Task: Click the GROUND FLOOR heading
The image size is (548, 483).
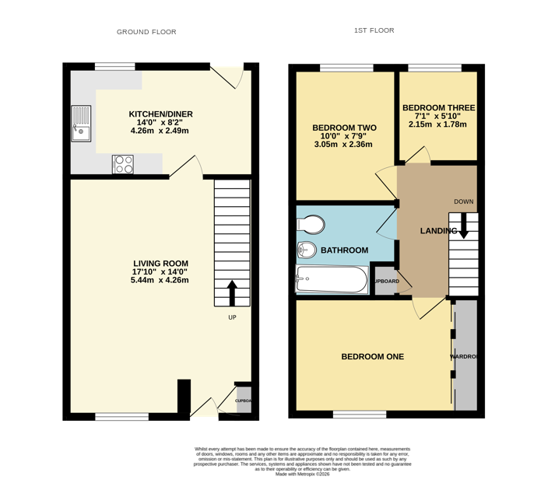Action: coord(146,32)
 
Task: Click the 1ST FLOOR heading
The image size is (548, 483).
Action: coord(374,31)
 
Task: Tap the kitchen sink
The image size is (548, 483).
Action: coord(81,124)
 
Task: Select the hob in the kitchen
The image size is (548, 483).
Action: coord(123,164)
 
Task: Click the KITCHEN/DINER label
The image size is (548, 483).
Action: coord(160,114)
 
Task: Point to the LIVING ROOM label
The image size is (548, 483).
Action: coord(160,264)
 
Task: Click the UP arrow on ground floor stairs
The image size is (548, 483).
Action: coord(232,294)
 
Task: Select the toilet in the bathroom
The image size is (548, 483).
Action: coord(311,225)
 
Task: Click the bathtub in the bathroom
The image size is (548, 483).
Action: coord(332,280)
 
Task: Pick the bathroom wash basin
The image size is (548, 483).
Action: coord(304,250)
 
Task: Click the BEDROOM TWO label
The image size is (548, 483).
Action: coord(344,128)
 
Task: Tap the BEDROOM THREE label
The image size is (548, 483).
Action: coord(438,108)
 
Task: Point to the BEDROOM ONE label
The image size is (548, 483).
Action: coord(373,357)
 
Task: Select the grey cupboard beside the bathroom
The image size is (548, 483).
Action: coord(385,281)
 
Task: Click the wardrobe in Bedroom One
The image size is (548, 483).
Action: coord(465,355)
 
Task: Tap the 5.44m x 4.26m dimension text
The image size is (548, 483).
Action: coord(160,281)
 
